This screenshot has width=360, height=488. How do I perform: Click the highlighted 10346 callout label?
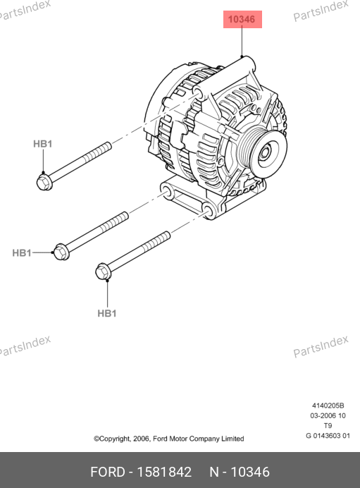click(242, 19)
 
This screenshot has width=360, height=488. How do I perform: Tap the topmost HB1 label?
click(42, 144)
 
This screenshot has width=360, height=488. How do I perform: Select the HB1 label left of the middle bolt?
click(22, 252)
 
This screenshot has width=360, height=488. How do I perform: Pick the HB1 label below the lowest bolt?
click(107, 313)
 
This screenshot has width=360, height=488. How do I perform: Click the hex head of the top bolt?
click(44, 182)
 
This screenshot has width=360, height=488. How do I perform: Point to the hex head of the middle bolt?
click(61, 252)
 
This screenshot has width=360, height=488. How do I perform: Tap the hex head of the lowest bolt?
click(104, 272)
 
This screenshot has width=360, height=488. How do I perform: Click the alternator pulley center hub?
click(265, 153)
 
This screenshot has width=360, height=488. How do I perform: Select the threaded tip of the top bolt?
click(108, 145)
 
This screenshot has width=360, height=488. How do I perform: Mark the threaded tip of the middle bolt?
click(125, 215)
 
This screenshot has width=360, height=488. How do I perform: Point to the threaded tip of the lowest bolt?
click(168, 234)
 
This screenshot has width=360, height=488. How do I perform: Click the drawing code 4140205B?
click(328, 405)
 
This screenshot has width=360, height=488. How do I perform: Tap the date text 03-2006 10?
click(328, 415)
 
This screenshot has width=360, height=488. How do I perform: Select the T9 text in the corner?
click(328, 425)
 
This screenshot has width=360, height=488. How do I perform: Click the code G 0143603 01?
click(328, 436)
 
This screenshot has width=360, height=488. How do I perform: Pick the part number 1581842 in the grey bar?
click(164, 472)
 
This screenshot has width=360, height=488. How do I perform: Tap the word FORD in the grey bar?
click(108, 472)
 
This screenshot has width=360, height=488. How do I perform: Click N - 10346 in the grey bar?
click(240, 472)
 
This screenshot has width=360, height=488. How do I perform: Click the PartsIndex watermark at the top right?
click(321, 11)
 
